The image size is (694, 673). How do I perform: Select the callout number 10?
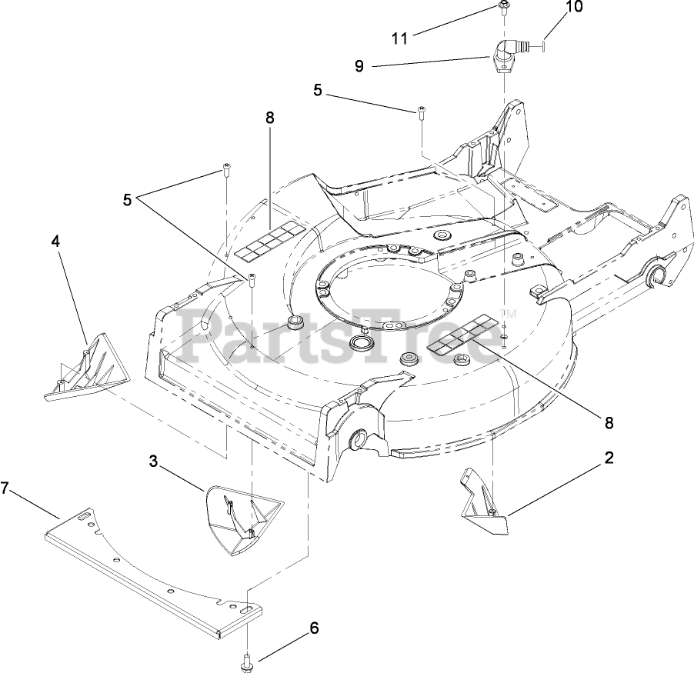click(x=574, y=8)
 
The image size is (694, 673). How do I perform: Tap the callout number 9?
click(x=359, y=66)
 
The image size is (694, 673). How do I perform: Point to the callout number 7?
click(x=5, y=488)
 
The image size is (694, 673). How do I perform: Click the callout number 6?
click(x=314, y=628)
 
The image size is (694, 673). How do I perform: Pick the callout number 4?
click(x=55, y=240)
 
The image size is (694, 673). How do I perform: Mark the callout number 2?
click(x=609, y=458)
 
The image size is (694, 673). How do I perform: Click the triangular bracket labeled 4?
click(x=85, y=368)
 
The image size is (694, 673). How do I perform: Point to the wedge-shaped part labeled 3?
click(x=240, y=515)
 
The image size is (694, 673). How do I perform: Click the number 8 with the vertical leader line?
click(x=269, y=118)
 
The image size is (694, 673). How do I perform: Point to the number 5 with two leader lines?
click(x=127, y=198)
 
